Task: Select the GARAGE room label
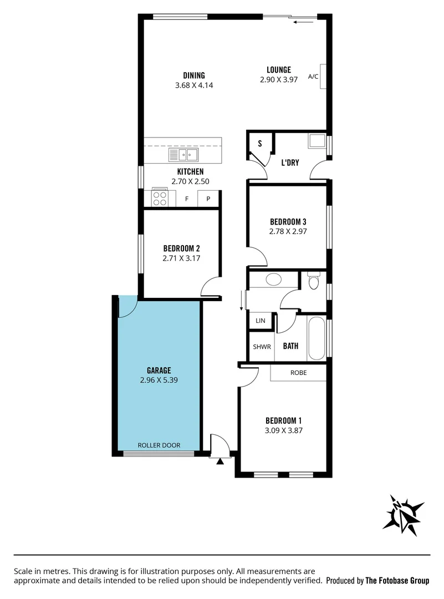coord(159,370)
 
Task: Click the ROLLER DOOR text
coord(159,445)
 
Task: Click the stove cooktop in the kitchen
coord(160,198)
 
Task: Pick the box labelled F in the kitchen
coord(187,199)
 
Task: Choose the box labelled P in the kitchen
coord(208,199)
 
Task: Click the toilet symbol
coord(314,282)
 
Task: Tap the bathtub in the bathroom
coord(316,338)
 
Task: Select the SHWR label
coord(262,347)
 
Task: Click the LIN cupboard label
coord(260,321)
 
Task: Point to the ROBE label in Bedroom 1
coord(298,373)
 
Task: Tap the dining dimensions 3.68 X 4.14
coord(194,85)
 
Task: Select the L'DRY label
coord(290,163)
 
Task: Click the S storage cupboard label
coord(259,143)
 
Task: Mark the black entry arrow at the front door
coord(220,461)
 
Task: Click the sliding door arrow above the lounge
coord(304,22)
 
